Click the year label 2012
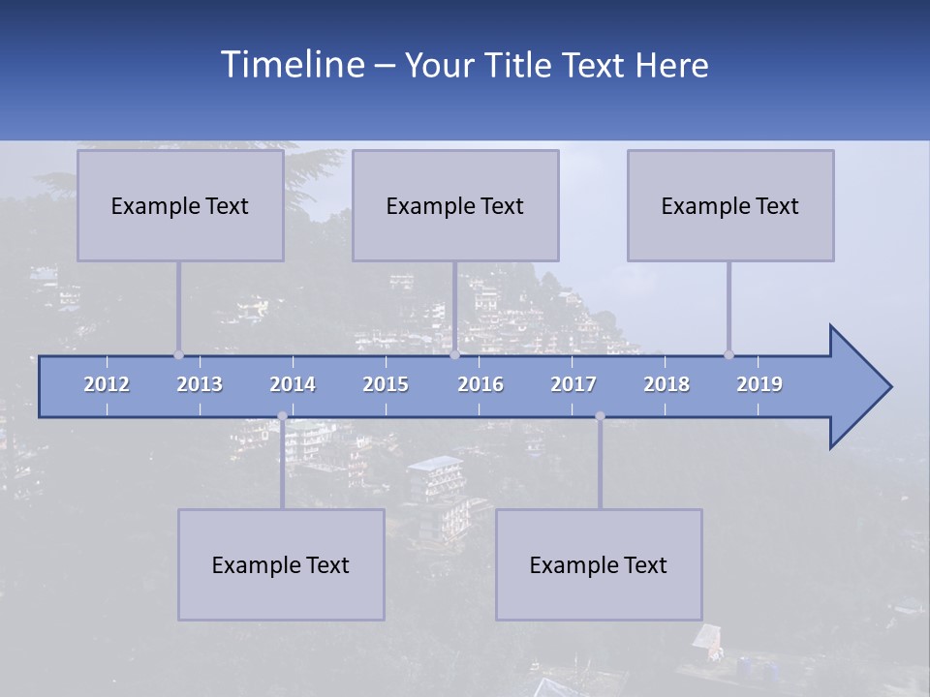point(107,384)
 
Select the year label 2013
point(200,384)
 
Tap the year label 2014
point(293,384)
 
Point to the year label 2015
point(386,384)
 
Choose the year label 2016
point(480,384)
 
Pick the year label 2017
point(573,384)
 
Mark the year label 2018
point(666,384)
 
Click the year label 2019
point(759,384)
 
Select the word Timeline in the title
point(291,65)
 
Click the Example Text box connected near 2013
point(180,205)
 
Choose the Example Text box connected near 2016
point(455,205)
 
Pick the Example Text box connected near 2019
point(730,205)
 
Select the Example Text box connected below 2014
point(281,564)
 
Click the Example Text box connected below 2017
point(599,564)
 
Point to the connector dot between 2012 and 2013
point(178,355)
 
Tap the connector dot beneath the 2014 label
point(282,416)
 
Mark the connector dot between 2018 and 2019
point(728,355)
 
